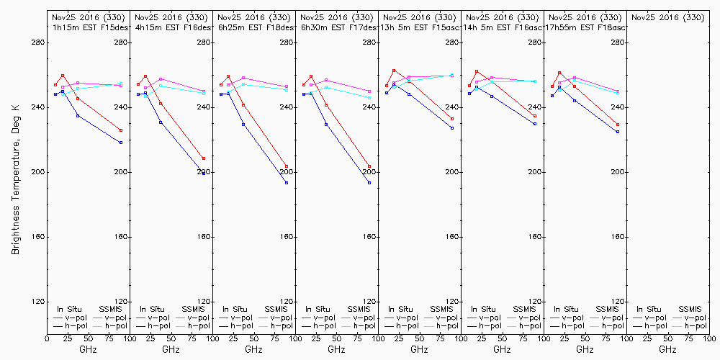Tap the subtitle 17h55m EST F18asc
pos(588,27)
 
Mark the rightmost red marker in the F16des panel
pos(204,158)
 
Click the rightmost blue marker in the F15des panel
pos(121,143)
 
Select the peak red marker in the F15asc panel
pos(394,71)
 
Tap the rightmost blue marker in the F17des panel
pos(369,183)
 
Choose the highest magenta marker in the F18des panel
pos(243,78)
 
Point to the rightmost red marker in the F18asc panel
pos(618,125)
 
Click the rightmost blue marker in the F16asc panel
pos(535,124)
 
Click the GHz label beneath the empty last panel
pos(667,349)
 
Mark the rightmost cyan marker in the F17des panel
pos(369,98)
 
